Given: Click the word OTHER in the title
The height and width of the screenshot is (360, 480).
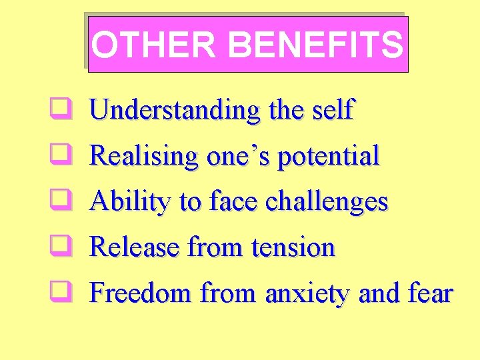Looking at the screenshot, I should point(153,45).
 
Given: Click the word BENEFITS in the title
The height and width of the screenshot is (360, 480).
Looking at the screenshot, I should point(315,45).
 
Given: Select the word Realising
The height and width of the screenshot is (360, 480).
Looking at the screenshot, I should point(144,156).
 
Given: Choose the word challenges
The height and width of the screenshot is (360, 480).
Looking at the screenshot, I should point(326,201).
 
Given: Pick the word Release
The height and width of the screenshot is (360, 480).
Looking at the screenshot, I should point(135,247).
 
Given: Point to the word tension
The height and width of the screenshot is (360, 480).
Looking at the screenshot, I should point(293,247).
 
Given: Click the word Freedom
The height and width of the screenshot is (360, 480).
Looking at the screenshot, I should point(141,293).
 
